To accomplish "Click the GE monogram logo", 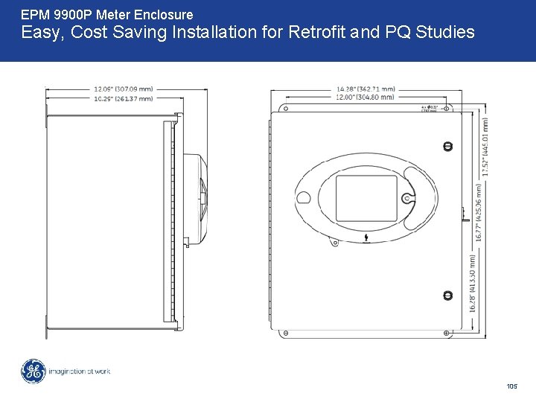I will pos(33,371).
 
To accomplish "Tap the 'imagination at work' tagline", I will pos(79,371).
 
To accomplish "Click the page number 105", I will pos(511,386).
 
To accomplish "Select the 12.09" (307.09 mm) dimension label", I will pos(123,89).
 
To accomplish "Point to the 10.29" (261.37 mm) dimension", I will pos(123,98).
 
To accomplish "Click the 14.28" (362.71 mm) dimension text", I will pos(366,89).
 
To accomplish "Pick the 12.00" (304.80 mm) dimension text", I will pos(366,98).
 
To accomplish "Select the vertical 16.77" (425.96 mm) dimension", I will pos(476,212).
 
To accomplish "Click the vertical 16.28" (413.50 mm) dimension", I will pos(472,283).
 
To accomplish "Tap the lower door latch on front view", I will pos(447,296).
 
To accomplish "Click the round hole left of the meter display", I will pos(303,198).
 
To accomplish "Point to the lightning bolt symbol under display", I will pos(366,238).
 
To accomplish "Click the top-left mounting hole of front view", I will pos(284,108).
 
